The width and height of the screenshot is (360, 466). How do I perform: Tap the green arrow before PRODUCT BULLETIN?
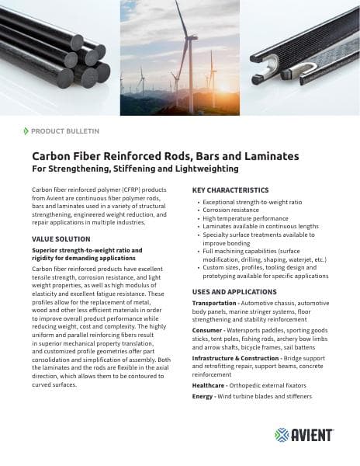[26, 131]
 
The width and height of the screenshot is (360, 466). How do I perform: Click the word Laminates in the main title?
[264, 156]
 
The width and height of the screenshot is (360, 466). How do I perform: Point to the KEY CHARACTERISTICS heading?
[230, 190]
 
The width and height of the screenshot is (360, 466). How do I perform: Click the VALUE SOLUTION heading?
[61, 238]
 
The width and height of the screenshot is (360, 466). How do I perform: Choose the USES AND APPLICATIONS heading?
[234, 291]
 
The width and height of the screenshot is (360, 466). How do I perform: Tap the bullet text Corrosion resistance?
[232, 210]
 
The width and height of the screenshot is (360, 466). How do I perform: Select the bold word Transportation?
[213, 302]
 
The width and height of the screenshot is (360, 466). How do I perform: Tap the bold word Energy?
[203, 396]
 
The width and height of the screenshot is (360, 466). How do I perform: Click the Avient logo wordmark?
[314, 434]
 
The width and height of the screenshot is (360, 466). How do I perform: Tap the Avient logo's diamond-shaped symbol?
[282, 434]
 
